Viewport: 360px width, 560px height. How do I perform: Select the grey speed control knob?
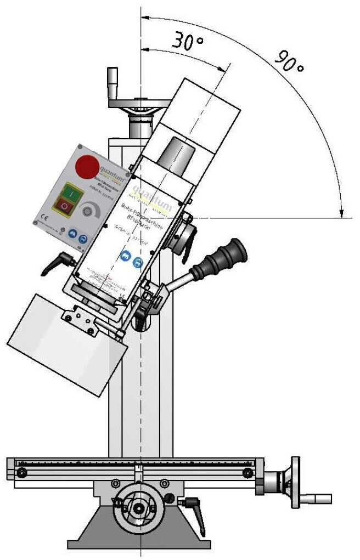pos(88,211)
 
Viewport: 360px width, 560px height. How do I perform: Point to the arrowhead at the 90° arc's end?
pos(342,213)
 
